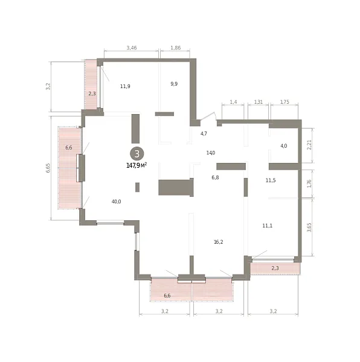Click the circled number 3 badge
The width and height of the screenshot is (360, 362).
click(x=137, y=154)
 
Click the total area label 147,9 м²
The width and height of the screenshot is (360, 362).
click(x=137, y=165)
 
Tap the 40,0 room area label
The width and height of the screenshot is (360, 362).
click(x=116, y=202)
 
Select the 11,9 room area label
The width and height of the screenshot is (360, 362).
click(x=125, y=86)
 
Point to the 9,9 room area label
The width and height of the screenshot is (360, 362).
click(x=174, y=84)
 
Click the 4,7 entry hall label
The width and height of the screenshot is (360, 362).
click(x=204, y=134)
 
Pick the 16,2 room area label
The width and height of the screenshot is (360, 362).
click(x=219, y=242)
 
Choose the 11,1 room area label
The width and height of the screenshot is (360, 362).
click(x=268, y=226)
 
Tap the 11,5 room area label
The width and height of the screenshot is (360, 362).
click(x=271, y=180)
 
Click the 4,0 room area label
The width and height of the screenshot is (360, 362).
click(x=284, y=146)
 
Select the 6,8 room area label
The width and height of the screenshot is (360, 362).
click(x=215, y=177)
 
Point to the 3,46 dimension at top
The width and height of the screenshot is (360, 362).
click(x=132, y=48)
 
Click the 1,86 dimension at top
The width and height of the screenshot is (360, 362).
click(x=176, y=48)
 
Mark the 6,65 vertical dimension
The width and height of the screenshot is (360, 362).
click(x=48, y=168)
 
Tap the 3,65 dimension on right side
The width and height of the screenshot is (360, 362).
click(x=309, y=227)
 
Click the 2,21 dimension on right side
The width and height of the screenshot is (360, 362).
click(x=309, y=145)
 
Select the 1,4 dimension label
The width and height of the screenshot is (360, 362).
click(x=233, y=102)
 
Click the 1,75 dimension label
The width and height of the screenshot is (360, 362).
click(x=284, y=102)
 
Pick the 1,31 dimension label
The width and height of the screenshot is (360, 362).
click(x=259, y=102)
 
